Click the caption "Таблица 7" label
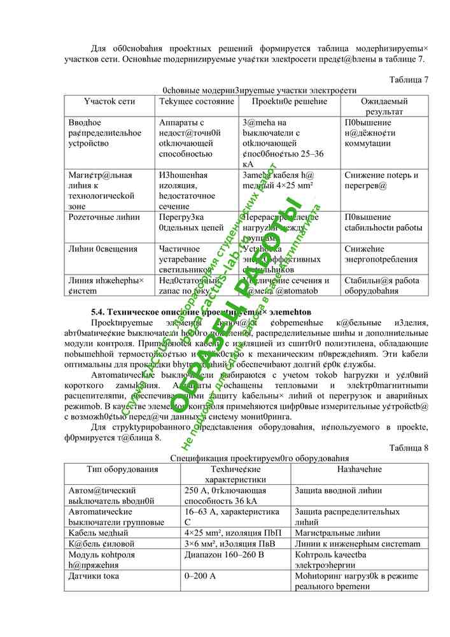408,79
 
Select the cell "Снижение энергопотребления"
381,254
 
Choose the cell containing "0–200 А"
200,576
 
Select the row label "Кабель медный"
98,533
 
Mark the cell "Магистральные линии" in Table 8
335,533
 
